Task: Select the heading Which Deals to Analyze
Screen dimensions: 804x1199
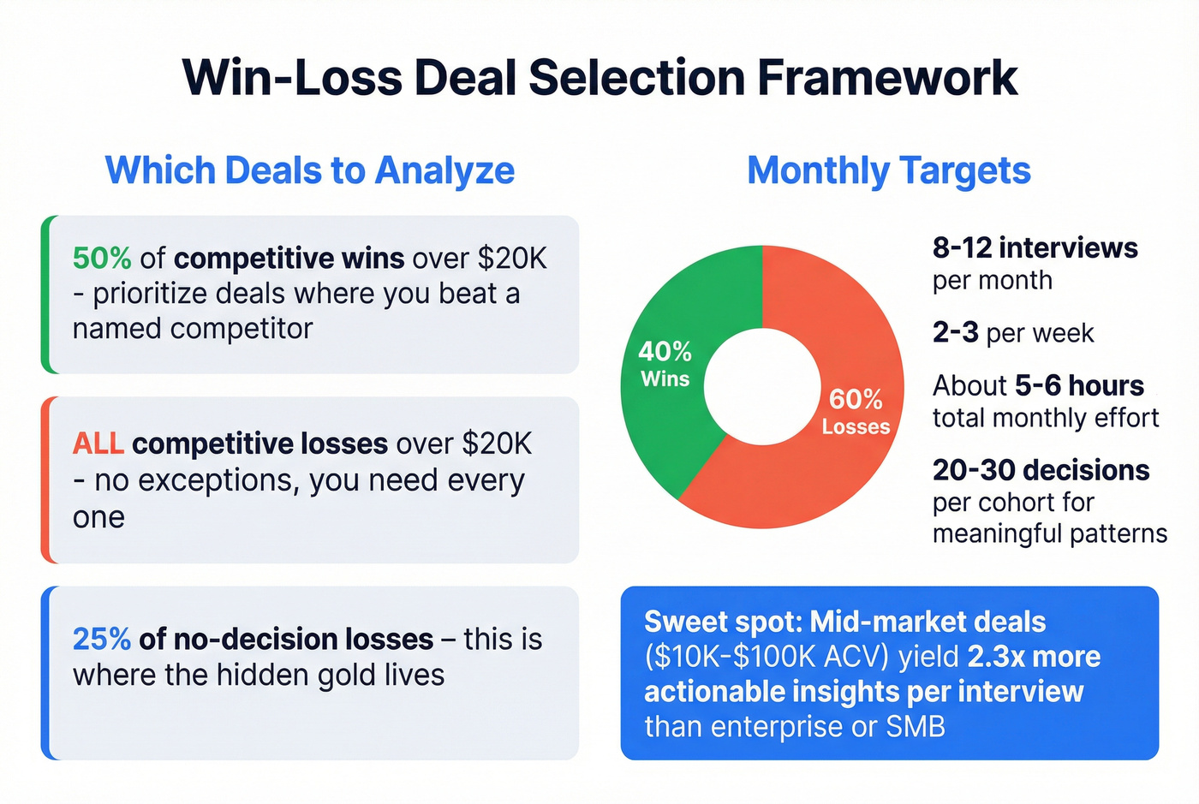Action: (310, 170)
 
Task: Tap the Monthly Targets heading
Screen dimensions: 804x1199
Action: (889, 170)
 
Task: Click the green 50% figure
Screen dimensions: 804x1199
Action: (102, 258)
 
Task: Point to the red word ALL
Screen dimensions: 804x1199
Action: (98, 444)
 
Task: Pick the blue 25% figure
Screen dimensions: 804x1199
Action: (102, 639)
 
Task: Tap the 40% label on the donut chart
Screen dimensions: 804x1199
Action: (665, 351)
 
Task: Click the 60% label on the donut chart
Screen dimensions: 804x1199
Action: (856, 399)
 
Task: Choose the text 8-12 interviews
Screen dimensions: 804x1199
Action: (1035, 248)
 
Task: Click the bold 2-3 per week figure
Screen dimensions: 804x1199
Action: (955, 332)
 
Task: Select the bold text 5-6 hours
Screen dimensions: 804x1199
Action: (1079, 385)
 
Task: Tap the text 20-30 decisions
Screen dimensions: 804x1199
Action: (1041, 470)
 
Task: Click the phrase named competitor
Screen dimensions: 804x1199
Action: (193, 329)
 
